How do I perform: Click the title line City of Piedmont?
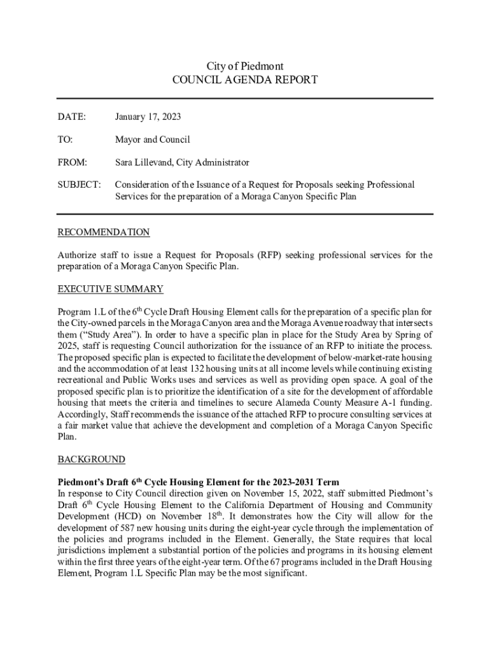point(245,66)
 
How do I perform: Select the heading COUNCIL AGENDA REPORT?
point(245,80)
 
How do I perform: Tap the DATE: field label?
point(71,117)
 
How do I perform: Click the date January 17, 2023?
point(148,117)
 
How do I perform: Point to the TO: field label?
point(66,139)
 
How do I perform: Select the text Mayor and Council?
point(152,139)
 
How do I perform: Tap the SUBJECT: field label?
point(79,185)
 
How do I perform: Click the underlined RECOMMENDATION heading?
point(104,232)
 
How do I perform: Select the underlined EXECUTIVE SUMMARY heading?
point(111,289)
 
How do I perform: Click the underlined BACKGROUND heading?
point(92,459)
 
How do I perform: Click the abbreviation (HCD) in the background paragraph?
point(129,516)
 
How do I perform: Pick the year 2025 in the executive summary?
point(68,346)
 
